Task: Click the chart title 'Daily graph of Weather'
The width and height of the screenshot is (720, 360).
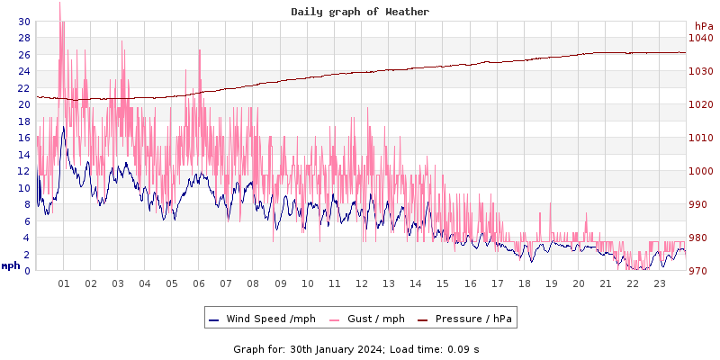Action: (360, 12)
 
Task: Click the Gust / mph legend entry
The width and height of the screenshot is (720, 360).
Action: (368, 319)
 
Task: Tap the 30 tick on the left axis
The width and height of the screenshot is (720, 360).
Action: (23, 22)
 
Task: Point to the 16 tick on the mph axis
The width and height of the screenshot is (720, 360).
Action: (23, 138)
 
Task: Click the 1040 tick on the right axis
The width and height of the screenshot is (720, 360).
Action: (700, 38)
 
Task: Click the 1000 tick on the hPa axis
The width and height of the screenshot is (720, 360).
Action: (700, 171)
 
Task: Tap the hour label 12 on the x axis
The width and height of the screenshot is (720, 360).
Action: (362, 283)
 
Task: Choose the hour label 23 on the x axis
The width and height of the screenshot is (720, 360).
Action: (660, 283)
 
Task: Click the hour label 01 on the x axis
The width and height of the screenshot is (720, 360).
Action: (64, 283)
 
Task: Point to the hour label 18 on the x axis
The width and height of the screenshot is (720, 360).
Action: (525, 283)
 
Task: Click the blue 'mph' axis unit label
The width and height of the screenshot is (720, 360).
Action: (11, 265)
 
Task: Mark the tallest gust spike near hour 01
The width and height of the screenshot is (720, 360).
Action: (59, 4)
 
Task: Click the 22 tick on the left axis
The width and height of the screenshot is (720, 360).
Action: (23, 88)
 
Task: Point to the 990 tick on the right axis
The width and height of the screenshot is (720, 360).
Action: (700, 204)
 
